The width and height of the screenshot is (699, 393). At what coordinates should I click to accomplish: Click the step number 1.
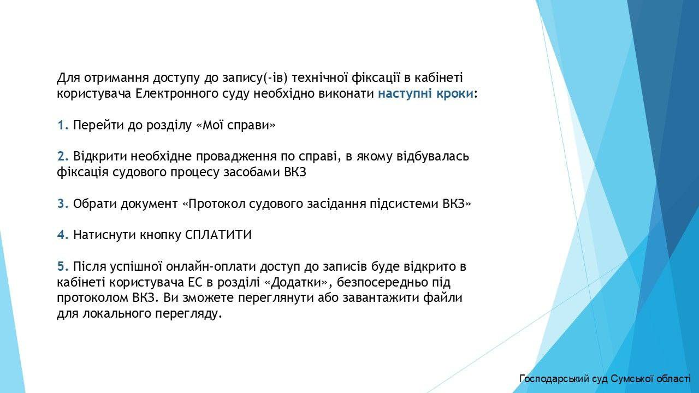[x=63, y=126]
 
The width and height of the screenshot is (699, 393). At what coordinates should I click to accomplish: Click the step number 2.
[x=63, y=157]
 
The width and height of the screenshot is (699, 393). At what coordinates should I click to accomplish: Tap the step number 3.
[x=63, y=204]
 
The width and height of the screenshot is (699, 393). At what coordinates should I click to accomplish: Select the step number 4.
[x=63, y=235]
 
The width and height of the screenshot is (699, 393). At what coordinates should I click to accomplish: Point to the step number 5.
[x=63, y=267]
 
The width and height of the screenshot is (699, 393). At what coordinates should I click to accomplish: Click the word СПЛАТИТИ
[x=218, y=235]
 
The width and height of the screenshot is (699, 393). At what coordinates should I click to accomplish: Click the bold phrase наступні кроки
[x=426, y=94]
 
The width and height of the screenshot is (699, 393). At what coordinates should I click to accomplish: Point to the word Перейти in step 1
[x=99, y=126]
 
